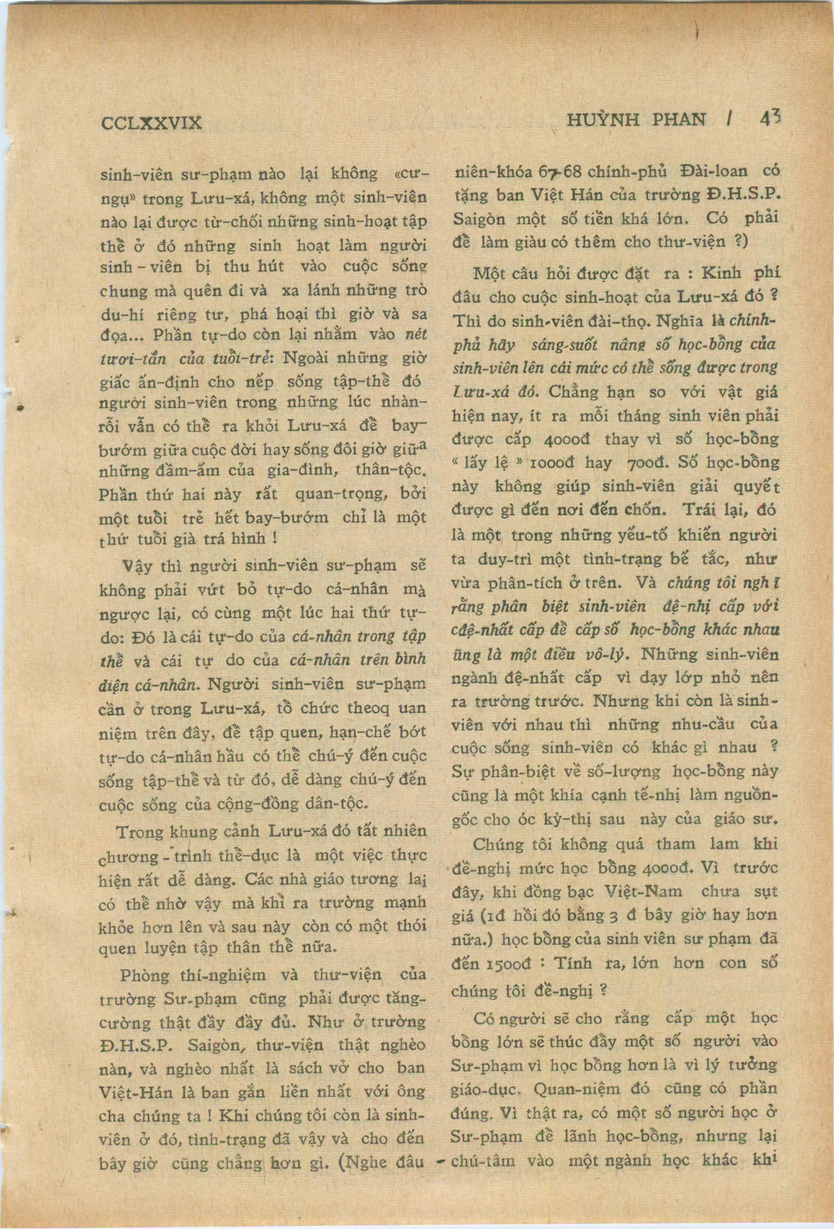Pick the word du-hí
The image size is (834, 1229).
click(120, 315)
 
